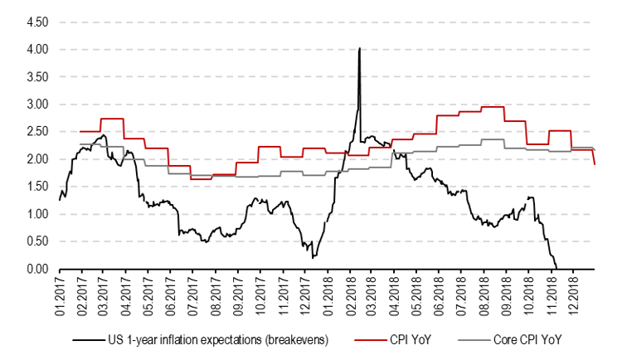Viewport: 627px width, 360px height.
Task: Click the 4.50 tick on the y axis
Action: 36,22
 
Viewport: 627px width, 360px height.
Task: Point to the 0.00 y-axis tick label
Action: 36,269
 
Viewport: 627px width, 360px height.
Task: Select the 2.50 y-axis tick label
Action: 36,132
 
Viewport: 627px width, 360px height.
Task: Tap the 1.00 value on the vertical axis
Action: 36,214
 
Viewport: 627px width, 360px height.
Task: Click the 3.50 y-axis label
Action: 36,77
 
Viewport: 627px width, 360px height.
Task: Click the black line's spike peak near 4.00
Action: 359,49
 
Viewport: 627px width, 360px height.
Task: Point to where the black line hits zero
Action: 556,268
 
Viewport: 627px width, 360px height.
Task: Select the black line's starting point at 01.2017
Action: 59,200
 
